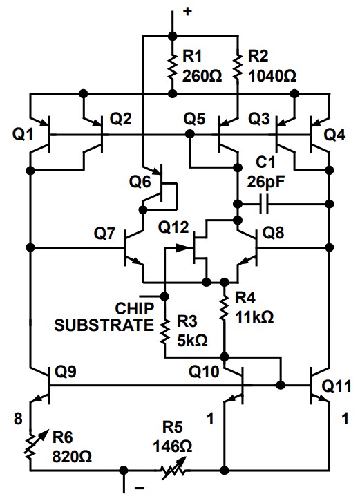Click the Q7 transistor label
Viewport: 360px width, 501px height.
(104, 234)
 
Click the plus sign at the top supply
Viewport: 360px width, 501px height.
(186, 10)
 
